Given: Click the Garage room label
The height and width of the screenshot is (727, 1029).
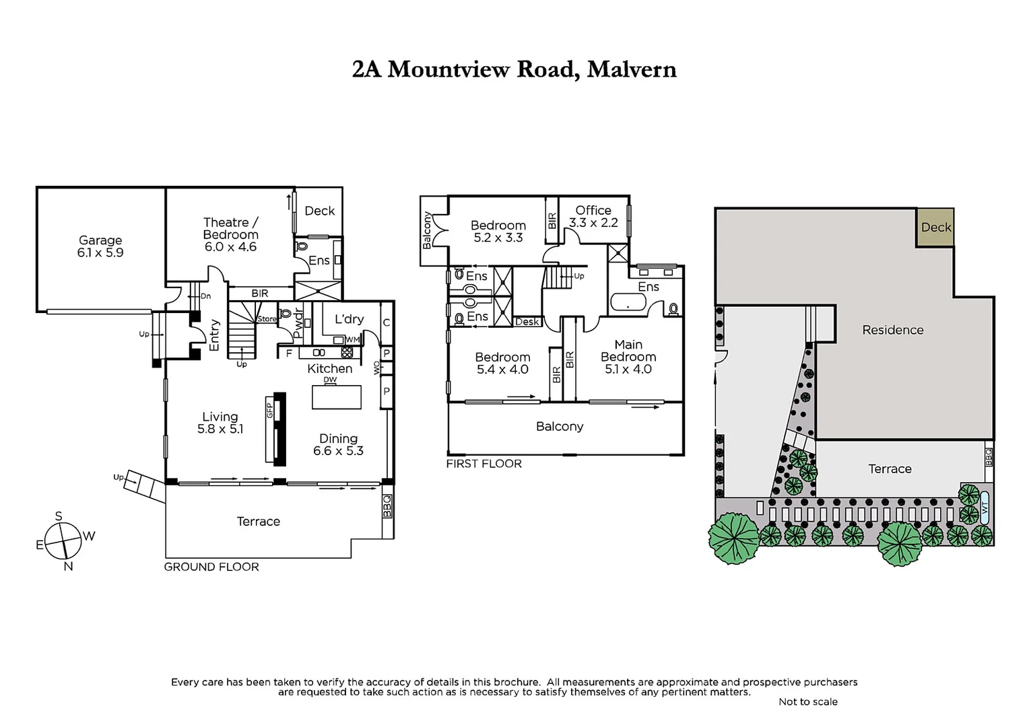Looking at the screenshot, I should click(100, 240).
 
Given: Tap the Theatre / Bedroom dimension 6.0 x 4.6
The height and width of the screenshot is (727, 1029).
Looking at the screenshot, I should click(230, 247).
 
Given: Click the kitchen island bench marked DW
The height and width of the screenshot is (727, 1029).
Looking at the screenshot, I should click(336, 396).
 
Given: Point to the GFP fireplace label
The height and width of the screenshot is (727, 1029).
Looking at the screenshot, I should click(270, 410).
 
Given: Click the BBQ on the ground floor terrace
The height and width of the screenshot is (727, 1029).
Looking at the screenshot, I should click(387, 506).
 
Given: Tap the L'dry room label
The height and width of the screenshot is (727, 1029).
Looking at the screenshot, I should click(349, 319).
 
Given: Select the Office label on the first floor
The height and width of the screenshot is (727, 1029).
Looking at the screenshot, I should click(593, 210).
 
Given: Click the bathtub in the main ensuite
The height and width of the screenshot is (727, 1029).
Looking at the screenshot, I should click(628, 302).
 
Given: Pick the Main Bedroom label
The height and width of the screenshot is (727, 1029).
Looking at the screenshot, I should click(628, 351).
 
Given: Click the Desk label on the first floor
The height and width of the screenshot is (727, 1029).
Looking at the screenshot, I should click(527, 322).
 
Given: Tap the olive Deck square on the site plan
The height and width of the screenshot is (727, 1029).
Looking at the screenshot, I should click(935, 228).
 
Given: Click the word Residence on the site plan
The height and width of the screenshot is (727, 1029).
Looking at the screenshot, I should click(892, 330).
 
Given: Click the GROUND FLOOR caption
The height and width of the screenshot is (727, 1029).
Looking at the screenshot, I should click(211, 567).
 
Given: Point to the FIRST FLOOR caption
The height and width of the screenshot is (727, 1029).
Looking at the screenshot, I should click(484, 464).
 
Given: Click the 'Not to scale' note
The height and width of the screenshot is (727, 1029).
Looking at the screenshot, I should click(807, 701).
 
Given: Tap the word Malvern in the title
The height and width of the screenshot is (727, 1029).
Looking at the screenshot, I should click(631, 69).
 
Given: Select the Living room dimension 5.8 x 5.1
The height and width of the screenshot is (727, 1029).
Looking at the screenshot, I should click(220, 429).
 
